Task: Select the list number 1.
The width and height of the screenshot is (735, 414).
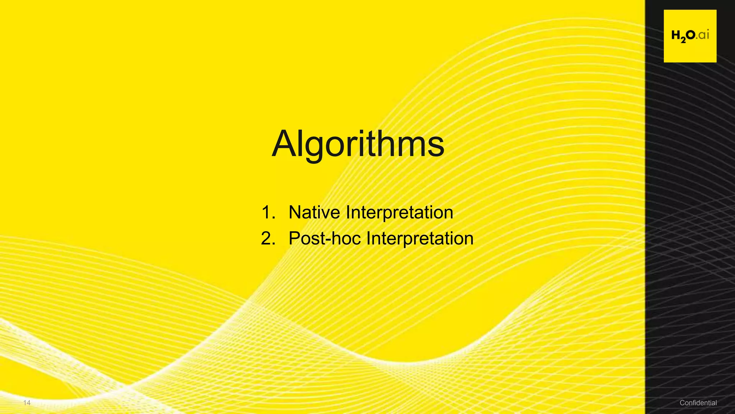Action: (267, 212)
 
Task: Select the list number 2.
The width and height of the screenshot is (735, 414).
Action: (268, 239)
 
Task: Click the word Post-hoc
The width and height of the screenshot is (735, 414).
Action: (324, 239)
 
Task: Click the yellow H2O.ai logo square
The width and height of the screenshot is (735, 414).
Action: (690, 36)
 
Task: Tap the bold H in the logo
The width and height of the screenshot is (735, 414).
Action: (676, 35)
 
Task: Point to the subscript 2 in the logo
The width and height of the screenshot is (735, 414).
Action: (683, 40)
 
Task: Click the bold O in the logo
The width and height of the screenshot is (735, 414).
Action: (690, 35)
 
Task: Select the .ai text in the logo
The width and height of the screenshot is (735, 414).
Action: (703, 35)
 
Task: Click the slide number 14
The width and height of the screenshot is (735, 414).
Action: (27, 403)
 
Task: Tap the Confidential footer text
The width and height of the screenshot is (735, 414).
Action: (698, 403)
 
